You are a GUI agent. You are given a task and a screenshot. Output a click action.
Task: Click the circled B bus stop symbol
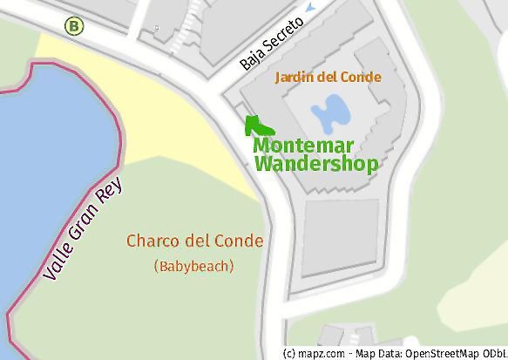click(75, 26)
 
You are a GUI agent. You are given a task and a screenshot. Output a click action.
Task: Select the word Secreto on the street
click(284, 34)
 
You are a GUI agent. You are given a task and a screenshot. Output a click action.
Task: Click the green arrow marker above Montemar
click(253, 126)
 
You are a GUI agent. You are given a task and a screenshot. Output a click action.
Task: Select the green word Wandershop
click(315, 164)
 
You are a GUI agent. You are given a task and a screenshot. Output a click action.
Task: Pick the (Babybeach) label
click(193, 266)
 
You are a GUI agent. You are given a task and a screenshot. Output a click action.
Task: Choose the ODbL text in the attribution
click(493, 353)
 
